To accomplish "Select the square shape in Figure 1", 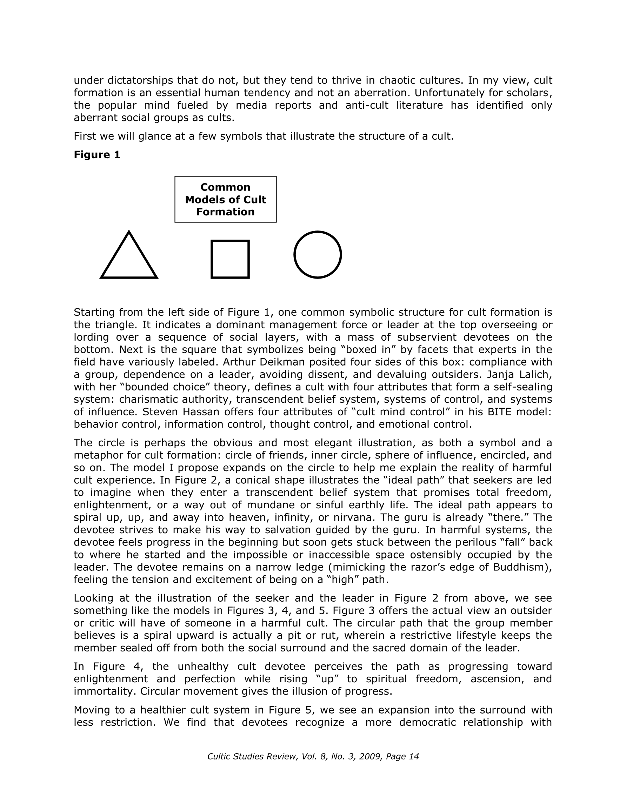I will tap(230, 259).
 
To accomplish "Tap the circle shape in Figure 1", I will tap(318, 254).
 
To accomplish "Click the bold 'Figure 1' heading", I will tap(97, 155).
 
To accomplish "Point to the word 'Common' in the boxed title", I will tap(225, 187).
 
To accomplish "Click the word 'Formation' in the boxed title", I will tap(225, 212).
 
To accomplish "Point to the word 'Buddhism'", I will tap(520, 567).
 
